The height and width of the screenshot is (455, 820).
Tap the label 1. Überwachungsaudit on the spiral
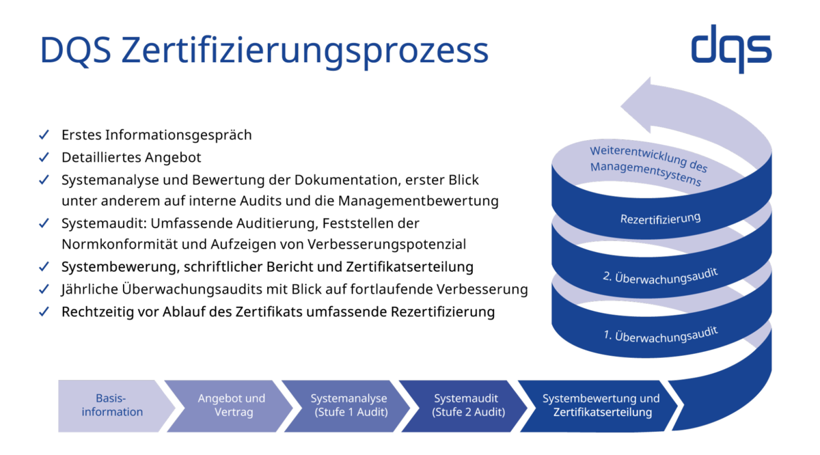[660, 335]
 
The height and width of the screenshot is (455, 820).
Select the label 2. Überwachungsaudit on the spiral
[660, 276]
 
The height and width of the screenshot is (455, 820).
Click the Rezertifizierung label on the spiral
[660, 219]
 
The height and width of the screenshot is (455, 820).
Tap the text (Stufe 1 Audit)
[351, 412]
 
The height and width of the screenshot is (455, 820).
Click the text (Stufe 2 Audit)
[468, 412]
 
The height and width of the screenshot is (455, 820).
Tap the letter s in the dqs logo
[758, 49]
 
